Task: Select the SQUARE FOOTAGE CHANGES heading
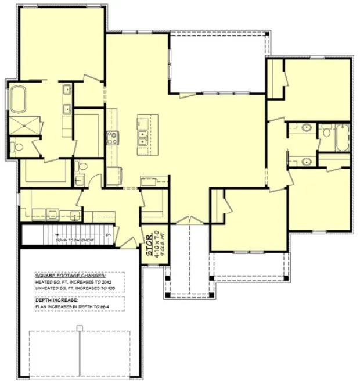[70, 275]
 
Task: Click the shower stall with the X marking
[17, 124]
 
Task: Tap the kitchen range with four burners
[111, 138]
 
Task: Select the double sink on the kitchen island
[142, 138]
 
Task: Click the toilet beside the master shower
[17, 146]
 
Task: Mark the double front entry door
[186, 220]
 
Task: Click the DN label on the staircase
[107, 234]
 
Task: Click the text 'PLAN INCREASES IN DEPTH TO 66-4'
[73, 306]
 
